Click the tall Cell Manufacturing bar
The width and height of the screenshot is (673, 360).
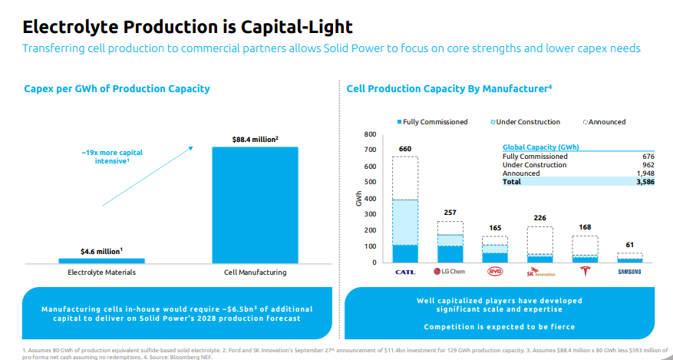(x=255, y=204)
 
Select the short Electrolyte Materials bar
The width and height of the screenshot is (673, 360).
(x=101, y=261)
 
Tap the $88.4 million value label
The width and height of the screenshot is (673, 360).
(x=255, y=139)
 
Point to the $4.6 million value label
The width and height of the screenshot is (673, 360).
(x=101, y=251)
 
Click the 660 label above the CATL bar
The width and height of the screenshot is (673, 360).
(x=404, y=148)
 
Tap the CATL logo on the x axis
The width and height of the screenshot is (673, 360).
(x=404, y=272)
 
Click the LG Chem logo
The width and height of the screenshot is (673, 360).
(x=450, y=272)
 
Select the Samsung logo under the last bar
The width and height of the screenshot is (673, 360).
(x=630, y=272)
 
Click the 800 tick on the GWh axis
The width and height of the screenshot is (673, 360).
(x=370, y=134)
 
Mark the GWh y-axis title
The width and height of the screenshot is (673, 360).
(x=358, y=198)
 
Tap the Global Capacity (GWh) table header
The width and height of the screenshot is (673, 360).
(x=540, y=147)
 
